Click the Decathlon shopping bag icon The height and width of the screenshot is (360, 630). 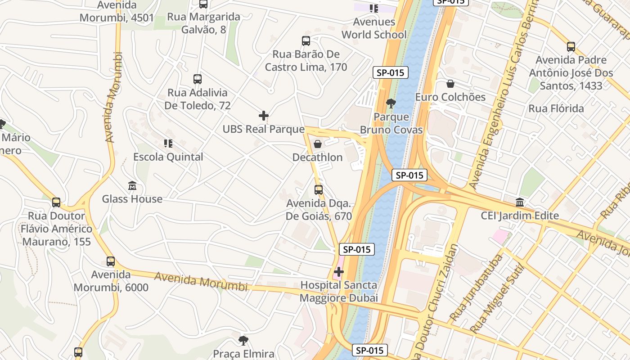(318, 144)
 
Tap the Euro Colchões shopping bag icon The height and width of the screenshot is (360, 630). (450, 84)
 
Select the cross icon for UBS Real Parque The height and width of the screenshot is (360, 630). (264, 116)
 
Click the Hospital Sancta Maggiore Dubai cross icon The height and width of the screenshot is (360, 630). (339, 272)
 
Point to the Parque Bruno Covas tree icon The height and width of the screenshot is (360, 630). (391, 103)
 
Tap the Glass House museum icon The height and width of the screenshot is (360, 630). (132, 185)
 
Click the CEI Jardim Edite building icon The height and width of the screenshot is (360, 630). (520, 202)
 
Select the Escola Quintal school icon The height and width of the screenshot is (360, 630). (168, 144)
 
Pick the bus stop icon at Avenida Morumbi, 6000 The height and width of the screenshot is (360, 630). (111, 261)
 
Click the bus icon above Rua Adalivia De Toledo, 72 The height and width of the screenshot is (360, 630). (197, 79)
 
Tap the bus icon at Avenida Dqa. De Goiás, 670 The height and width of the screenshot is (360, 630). (319, 189)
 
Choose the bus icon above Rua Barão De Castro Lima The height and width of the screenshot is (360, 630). (306, 41)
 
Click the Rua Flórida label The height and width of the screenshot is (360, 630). (556, 108)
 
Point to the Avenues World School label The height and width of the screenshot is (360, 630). (374, 28)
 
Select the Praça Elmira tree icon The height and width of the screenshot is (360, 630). (243, 340)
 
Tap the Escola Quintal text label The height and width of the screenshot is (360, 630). (168, 157)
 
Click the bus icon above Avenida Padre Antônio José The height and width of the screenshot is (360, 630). (571, 46)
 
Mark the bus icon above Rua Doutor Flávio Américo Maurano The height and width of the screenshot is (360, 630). (56, 202)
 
